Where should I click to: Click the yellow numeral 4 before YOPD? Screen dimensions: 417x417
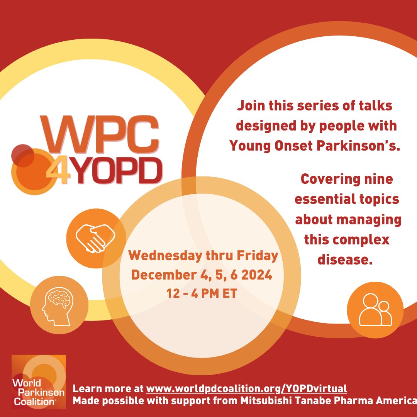pyautogui.click(x=58, y=172)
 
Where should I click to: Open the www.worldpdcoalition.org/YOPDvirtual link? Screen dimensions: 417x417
pyautogui.click(x=247, y=388)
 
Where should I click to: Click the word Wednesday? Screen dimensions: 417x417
pyautogui.click(x=162, y=256)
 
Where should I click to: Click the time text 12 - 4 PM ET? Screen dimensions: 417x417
pyautogui.click(x=202, y=293)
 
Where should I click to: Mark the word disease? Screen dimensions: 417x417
pyautogui.click(x=345, y=259)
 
